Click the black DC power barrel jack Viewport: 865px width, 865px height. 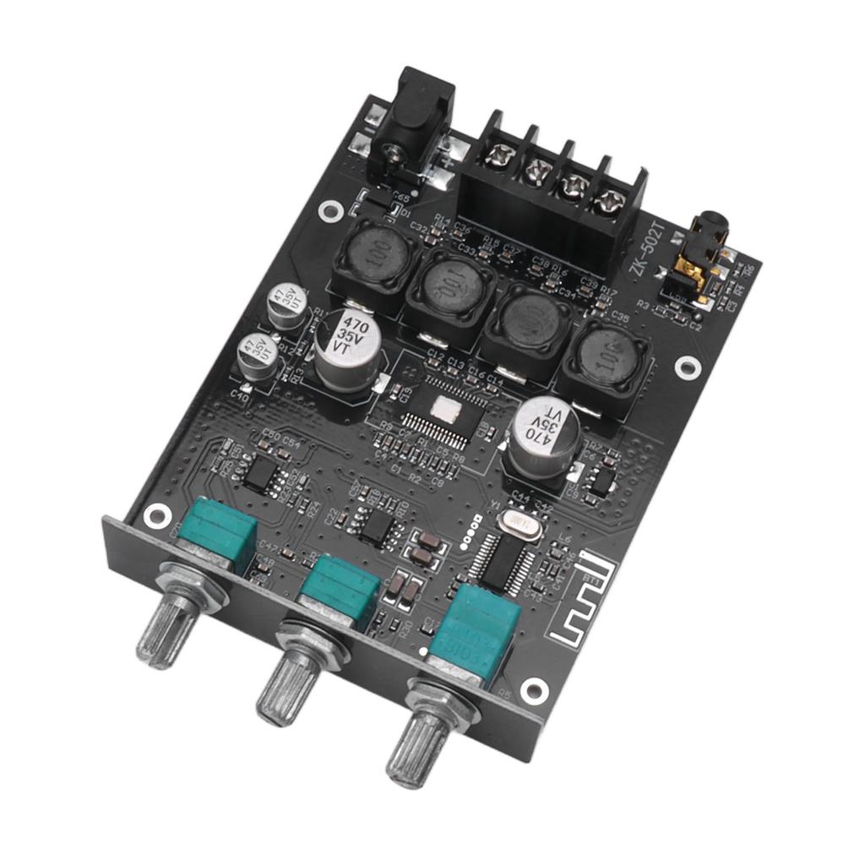click(411, 127)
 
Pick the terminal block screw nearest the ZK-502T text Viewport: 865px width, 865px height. click(607, 203)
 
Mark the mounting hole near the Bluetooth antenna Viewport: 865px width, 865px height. click(533, 690)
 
